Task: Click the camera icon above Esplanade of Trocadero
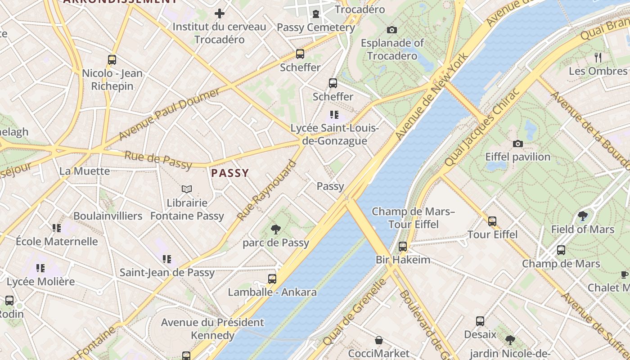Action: (392, 30)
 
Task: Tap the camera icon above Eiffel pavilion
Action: (518, 144)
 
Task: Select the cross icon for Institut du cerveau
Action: (219, 13)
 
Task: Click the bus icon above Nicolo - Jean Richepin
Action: (112, 59)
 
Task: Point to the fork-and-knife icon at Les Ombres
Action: (598, 57)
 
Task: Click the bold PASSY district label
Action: (230, 173)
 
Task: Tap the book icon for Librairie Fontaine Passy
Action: (187, 189)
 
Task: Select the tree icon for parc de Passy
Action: (276, 229)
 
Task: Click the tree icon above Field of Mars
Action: (583, 216)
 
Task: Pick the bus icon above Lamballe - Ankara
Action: (272, 279)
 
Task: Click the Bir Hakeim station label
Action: (403, 260)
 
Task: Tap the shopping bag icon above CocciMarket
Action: (379, 340)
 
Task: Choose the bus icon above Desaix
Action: (480, 321)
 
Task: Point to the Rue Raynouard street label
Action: (267, 191)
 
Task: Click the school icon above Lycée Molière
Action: (40, 268)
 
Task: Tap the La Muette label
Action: (85, 171)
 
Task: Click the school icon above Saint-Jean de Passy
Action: (167, 259)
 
